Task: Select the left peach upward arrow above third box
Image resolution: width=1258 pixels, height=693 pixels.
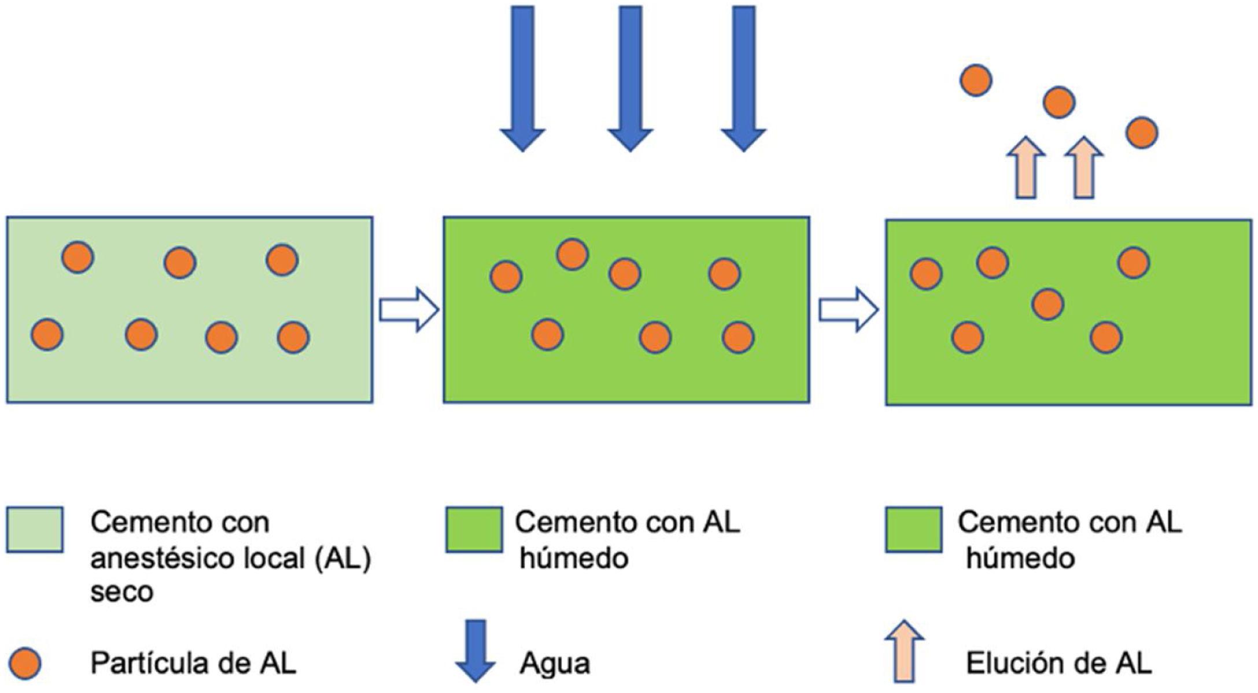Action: click(1026, 168)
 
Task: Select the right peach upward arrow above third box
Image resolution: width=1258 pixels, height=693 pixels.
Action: click(1084, 168)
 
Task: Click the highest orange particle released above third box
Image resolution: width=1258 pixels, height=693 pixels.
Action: click(976, 80)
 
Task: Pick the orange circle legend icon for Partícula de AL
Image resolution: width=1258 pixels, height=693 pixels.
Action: click(25, 663)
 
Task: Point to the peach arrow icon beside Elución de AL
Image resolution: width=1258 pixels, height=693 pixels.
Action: click(904, 651)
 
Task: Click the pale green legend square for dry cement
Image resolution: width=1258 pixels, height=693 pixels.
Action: click(35, 529)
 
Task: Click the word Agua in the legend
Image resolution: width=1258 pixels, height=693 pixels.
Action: click(555, 663)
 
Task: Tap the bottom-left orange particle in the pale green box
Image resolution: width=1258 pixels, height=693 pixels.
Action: click(47, 335)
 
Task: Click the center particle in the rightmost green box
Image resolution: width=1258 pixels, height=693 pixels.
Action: click(1047, 304)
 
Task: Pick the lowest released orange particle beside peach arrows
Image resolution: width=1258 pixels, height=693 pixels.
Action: click(1141, 133)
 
